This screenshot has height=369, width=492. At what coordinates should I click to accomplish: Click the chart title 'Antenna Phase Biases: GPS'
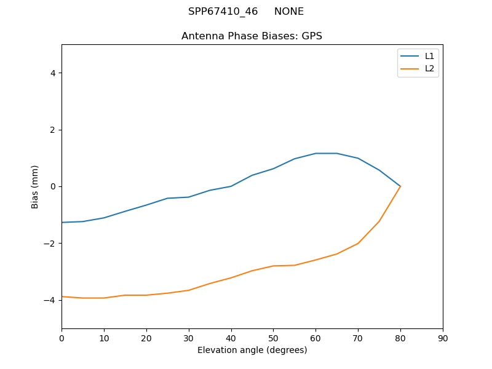tap(252, 36)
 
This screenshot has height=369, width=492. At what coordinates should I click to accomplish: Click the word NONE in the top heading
tap(289, 12)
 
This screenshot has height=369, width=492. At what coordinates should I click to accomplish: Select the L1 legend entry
tap(429, 56)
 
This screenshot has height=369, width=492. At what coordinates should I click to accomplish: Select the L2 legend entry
tap(429, 68)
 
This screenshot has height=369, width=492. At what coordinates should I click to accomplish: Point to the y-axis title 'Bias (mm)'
tap(36, 186)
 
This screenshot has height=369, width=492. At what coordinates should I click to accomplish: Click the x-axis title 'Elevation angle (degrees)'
tap(252, 350)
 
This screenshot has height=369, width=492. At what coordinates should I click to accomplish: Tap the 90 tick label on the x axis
tap(443, 338)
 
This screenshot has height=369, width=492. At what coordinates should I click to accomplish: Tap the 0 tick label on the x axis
tap(61, 338)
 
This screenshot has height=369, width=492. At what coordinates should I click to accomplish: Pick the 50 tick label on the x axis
tap(273, 338)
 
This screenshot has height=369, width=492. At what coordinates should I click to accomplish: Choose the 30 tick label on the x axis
tap(189, 338)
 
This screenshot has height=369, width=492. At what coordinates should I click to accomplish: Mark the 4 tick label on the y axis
tap(53, 73)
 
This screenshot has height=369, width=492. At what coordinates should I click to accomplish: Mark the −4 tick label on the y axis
tap(50, 300)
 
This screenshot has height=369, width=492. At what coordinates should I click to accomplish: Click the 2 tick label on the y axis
tap(53, 130)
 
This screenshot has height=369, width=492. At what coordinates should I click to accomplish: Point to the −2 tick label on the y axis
tap(50, 244)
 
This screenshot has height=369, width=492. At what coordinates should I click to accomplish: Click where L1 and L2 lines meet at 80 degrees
tap(400, 186)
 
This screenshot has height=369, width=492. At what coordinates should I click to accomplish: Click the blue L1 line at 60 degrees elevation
tap(315, 153)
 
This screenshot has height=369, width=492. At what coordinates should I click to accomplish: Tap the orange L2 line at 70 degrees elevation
tap(358, 243)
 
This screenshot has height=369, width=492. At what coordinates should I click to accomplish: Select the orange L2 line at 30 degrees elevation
tap(189, 290)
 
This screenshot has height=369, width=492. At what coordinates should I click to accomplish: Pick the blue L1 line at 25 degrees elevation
tap(167, 198)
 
